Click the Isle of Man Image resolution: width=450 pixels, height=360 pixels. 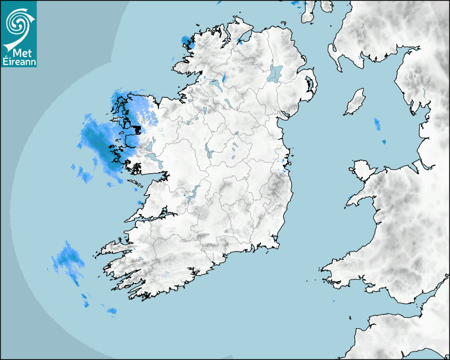(x=355, y=102)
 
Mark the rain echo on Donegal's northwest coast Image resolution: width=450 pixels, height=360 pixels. (x=186, y=41)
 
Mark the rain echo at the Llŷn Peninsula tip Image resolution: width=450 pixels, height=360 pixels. (x=350, y=199)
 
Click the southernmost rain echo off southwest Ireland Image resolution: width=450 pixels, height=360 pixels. (x=112, y=311)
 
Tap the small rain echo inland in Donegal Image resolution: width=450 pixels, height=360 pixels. (x=223, y=78)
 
